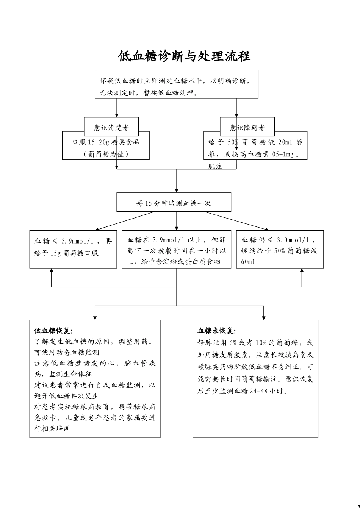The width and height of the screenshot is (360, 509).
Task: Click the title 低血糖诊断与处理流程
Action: coord(184,56)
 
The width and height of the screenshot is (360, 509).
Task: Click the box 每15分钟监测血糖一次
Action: coord(174,203)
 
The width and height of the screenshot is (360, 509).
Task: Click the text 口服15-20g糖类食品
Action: coord(106,142)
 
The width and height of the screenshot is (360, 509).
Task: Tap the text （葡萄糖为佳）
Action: coord(106,154)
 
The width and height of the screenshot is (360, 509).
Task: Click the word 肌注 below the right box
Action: coord(215,166)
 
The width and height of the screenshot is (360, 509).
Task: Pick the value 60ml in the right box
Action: coord(248,262)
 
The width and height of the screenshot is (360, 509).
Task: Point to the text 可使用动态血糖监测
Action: coord(67,352)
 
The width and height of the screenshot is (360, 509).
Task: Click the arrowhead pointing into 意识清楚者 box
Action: coord(117,115)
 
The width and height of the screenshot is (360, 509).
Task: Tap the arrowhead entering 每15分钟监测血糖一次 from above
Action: coord(177,190)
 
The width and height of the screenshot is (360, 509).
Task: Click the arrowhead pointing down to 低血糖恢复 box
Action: coord(95,318)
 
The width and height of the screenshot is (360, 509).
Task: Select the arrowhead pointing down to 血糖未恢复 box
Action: coord(263,318)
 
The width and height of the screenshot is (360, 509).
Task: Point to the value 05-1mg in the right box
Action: coord(283,154)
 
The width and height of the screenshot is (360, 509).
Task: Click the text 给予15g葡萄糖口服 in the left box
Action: coord(66,253)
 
